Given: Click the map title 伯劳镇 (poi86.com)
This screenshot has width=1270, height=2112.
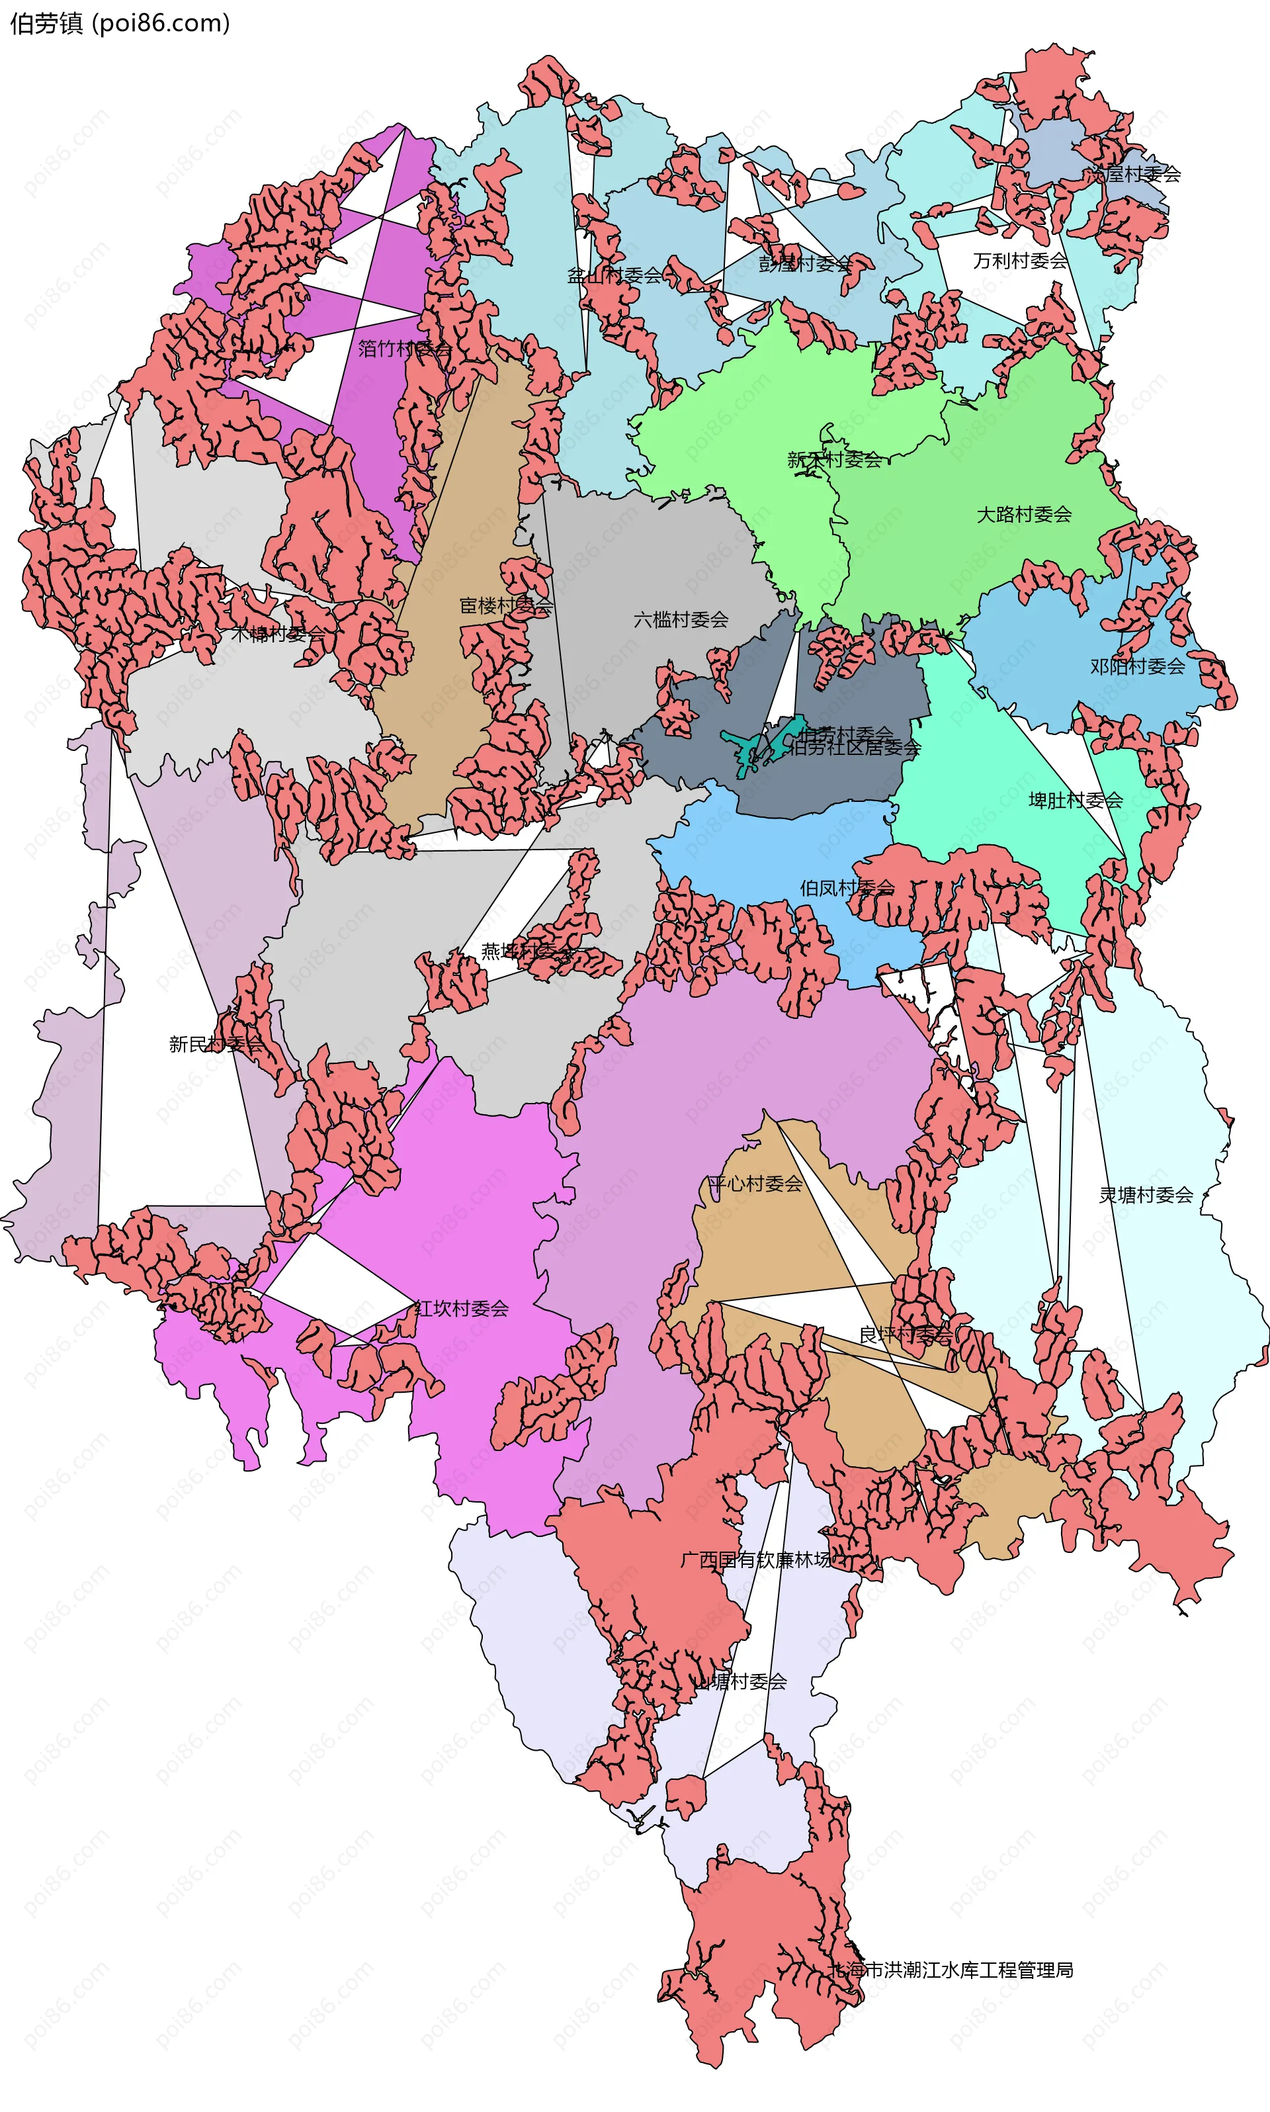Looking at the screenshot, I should click(120, 23).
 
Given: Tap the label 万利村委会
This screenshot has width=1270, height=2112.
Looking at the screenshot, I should click(1020, 261).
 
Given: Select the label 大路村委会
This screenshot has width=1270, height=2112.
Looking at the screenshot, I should click(1025, 515).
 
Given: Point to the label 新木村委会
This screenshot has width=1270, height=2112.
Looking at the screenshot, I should click(834, 460).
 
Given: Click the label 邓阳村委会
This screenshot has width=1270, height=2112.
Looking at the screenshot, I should click(1137, 666).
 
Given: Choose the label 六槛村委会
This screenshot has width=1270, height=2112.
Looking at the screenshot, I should click(681, 620).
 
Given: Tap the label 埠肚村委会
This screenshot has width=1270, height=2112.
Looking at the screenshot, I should click(1076, 801).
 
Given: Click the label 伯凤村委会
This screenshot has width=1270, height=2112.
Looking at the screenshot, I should click(847, 888).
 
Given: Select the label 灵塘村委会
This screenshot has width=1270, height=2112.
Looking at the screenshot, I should click(1146, 1195).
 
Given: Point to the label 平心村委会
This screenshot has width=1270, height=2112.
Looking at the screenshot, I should click(755, 1184).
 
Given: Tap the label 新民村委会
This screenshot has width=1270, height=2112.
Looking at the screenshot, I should click(216, 1045).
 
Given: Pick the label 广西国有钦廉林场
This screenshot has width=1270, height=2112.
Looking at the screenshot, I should click(755, 1560).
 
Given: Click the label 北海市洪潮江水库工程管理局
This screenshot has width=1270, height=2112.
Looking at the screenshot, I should click(952, 1970).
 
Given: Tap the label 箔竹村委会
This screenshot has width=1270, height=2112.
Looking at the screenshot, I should click(405, 349).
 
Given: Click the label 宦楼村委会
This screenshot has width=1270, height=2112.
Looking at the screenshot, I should click(507, 606).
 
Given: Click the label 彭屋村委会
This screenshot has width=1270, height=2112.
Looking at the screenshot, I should click(805, 264).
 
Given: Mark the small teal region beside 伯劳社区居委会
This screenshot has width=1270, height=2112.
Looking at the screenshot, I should click(753, 746).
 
